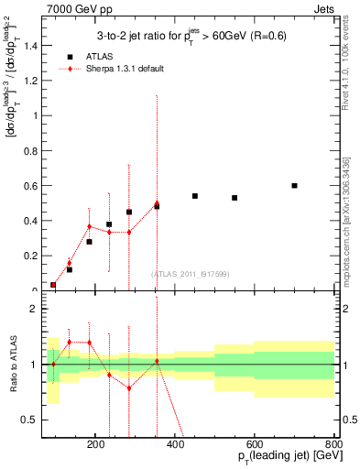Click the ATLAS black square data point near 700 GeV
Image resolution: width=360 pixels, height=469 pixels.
tap(294, 186)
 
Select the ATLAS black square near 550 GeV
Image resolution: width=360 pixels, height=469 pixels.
tap(235, 198)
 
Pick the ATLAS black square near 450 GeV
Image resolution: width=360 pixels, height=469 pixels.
tap(195, 196)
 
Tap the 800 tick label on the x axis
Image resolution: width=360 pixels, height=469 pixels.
tap(333, 444)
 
